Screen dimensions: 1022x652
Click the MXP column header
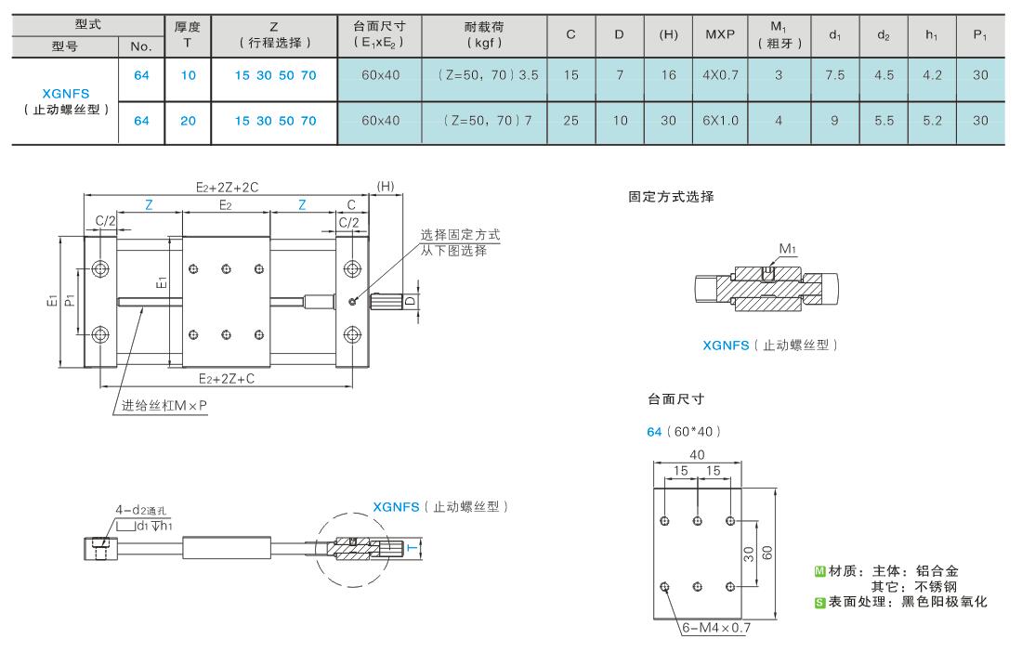[719, 34]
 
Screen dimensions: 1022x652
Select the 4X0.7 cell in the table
[720, 75]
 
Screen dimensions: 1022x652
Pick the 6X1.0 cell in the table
[720, 121]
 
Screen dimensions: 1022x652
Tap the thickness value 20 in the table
[188, 121]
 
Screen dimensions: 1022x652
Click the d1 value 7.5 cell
[835, 75]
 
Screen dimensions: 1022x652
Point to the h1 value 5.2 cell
[932, 121]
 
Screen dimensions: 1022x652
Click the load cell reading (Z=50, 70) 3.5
[488, 75]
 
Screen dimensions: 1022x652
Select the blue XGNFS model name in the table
[66, 94]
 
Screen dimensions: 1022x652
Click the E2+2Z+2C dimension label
[227, 187]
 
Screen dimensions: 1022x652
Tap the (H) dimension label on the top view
[386, 187]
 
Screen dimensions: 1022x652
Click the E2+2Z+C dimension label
[226, 378]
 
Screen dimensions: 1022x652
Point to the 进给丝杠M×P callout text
[164, 406]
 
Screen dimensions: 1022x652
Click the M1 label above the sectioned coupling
[787, 248]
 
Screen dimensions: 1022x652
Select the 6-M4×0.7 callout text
[716, 628]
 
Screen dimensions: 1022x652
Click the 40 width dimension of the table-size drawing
[697, 455]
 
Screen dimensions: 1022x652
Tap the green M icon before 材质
[820, 571]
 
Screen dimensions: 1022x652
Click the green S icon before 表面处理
[820, 603]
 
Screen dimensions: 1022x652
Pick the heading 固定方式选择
[671, 197]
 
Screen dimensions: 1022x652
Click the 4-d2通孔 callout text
[142, 510]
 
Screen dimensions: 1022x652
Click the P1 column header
[980, 35]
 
